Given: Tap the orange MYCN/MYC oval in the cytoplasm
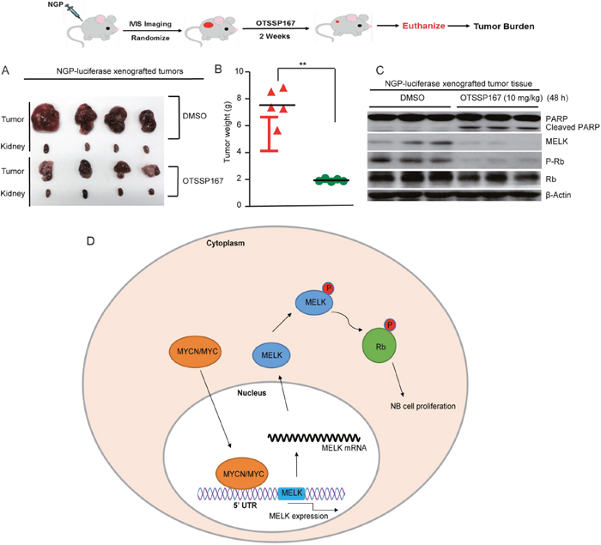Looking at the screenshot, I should click(x=192, y=351).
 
